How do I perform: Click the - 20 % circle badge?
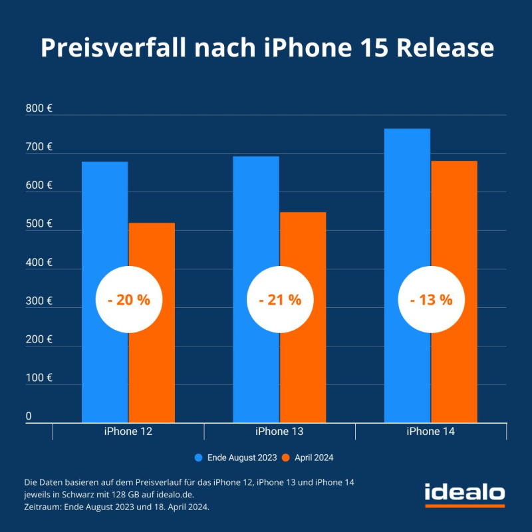click(129, 300)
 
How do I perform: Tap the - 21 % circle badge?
click(280, 300)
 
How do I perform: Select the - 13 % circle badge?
click(431, 300)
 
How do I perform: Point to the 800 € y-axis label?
click(39, 108)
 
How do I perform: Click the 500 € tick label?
click(39, 223)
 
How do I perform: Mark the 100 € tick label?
click(39, 378)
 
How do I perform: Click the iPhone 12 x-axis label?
click(128, 432)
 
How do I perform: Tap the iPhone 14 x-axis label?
click(431, 432)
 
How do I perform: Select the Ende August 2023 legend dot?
click(198, 458)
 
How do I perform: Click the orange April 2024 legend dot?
click(287, 458)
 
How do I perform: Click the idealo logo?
click(465, 493)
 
